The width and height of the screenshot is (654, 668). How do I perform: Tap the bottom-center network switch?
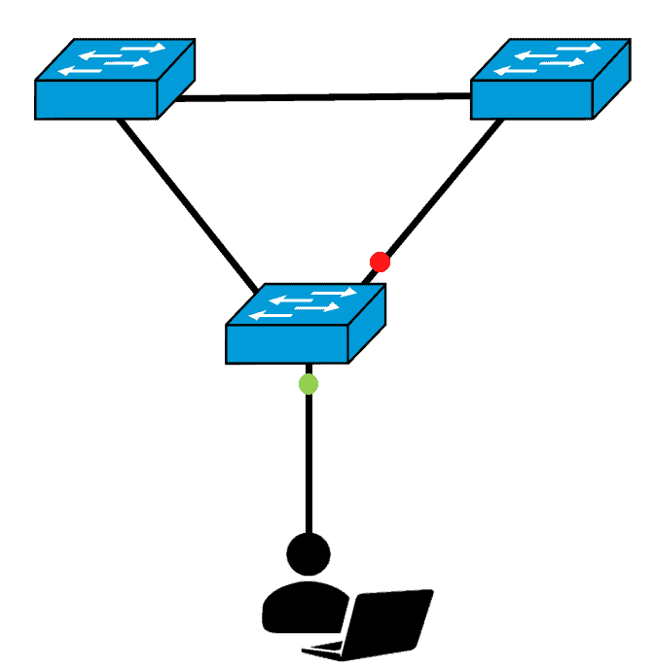coord(306,323)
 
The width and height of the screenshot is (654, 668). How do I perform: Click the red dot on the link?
coord(380,262)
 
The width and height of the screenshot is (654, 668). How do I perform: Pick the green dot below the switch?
coord(309,383)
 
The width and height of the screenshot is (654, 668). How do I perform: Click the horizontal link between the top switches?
coord(321,97)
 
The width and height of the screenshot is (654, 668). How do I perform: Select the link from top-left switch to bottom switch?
coord(190,204)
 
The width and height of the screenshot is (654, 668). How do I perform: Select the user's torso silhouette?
coord(292,608)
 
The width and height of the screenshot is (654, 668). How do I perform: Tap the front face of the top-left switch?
coord(96,100)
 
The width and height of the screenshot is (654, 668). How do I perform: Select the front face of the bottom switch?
coord(287,343)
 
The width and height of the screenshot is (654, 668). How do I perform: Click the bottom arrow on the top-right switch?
coord(535,68)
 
